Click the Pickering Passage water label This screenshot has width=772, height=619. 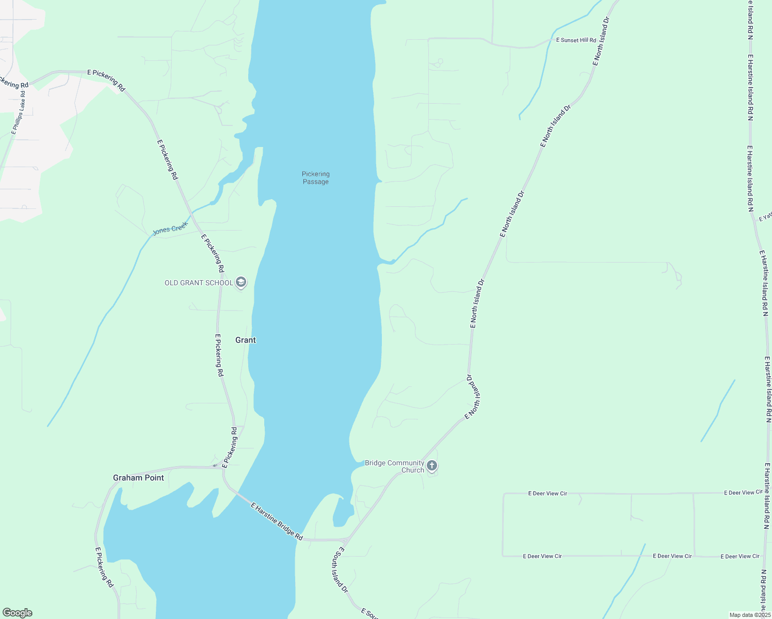click(x=315, y=178)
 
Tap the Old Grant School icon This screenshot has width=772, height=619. click(x=240, y=282)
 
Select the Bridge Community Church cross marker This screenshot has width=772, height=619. click(x=432, y=466)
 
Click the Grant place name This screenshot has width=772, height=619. click(x=246, y=340)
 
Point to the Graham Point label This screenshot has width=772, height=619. click(x=138, y=478)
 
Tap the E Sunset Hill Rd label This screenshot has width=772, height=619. click(x=576, y=40)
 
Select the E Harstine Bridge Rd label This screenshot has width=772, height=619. click(x=277, y=522)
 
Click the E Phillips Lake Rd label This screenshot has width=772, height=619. click(x=19, y=113)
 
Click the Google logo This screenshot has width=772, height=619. click(x=17, y=613)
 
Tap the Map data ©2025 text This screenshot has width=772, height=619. click(x=749, y=615)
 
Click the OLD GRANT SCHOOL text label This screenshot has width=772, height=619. click(x=199, y=283)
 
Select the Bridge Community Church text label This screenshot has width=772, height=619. click(x=395, y=466)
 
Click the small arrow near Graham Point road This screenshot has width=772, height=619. click(x=215, y=465)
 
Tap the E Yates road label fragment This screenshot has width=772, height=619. click(x=765, y=217)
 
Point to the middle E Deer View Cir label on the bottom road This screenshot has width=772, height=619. click(x=672, y=556)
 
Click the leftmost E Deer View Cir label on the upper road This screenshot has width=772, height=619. click(x=548, y=494)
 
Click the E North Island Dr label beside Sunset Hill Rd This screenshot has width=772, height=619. click(x=601, y=41)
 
